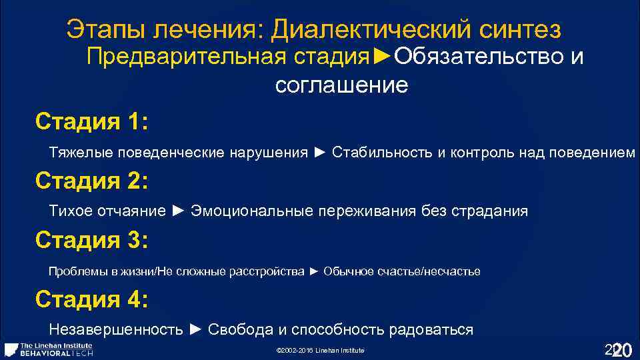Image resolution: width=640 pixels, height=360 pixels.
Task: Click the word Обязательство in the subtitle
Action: coord(479,57)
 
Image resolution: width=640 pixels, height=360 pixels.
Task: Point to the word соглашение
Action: coord(341,85)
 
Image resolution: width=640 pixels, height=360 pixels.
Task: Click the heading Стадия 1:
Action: coord(91,123)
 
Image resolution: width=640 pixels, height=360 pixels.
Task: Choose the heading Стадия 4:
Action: coord(91,299)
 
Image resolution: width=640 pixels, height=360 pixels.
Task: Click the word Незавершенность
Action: coord(116,329)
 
